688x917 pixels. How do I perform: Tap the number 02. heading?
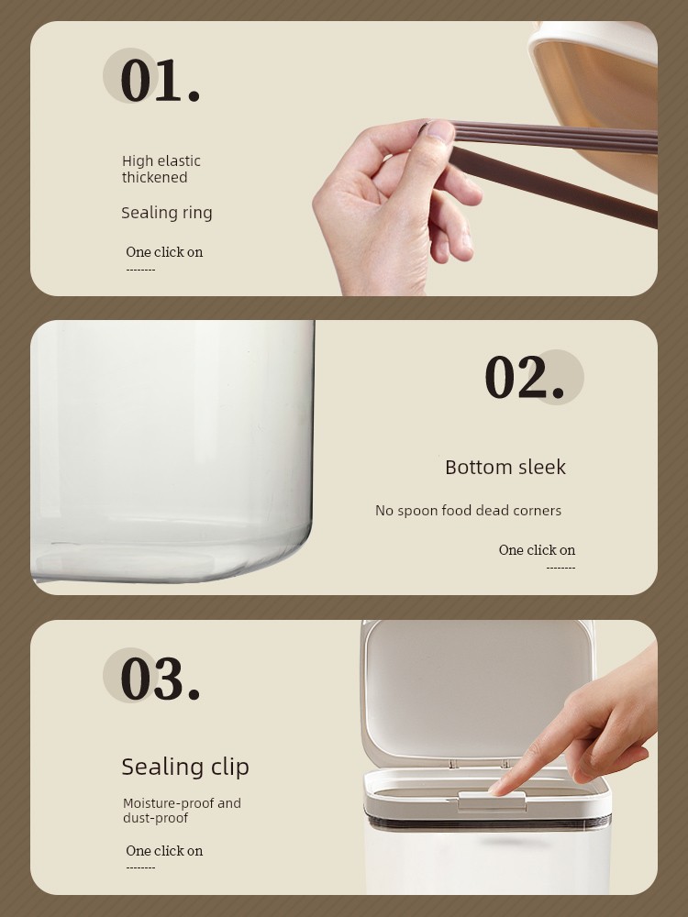[524, 378]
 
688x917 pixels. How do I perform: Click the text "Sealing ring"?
[167, 213]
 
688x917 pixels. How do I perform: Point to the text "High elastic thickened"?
[161, 169]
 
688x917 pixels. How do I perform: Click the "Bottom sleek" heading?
[505, 468]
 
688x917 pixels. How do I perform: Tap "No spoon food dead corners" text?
[468, 511]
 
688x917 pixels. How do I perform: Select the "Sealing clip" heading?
[185, 767]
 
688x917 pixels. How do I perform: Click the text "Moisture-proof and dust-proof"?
[182, 811]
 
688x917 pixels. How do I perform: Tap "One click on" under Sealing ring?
[164, 252]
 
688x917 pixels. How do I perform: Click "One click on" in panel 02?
[537, 550]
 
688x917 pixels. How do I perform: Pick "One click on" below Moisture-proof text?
[164, 851]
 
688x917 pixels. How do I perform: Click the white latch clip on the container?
[492, 801]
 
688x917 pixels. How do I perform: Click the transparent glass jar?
[172, 451]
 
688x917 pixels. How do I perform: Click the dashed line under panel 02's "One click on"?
[561, 568]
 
